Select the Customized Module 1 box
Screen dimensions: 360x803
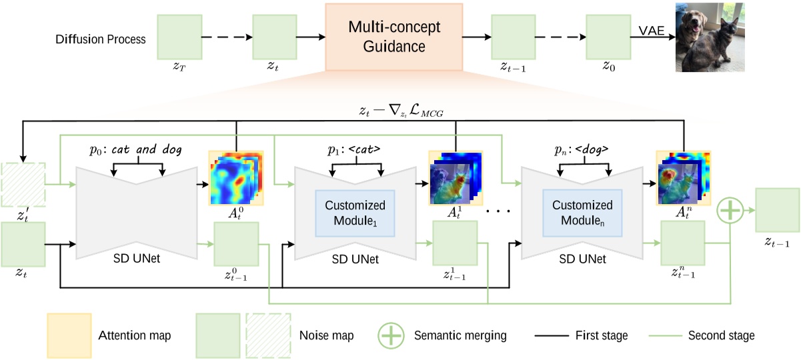point(354,213)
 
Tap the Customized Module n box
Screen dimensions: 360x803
point(578,213)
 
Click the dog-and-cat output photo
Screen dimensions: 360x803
point(708,37)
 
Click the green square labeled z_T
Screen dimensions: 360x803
point(179,38)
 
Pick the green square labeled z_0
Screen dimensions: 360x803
point(608,38)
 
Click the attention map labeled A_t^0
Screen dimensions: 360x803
point(235,177)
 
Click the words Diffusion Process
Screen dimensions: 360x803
point(101,39)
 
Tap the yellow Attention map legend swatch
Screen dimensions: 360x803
point(68,335)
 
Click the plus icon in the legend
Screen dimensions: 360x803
point(391,335)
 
